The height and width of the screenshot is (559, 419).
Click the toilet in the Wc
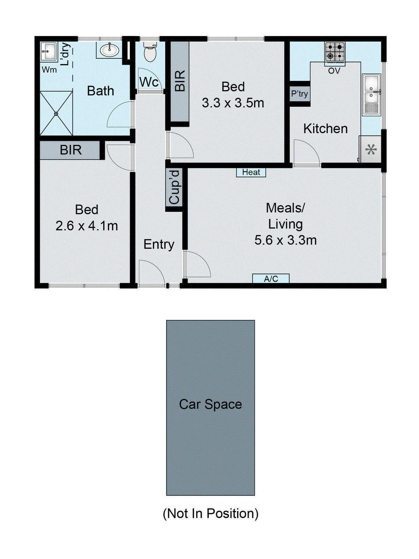pos(150,52)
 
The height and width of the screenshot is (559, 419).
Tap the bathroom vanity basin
pos(109,50)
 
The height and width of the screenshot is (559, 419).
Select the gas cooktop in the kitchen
pos(335,51)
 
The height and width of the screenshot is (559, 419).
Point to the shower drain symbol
pos(56,114)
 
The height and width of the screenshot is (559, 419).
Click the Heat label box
pos(251,172)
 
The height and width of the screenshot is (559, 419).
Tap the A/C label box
pos(271,278)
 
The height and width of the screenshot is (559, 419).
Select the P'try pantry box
pos(300,94)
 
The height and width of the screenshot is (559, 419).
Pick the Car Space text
pos(210,404)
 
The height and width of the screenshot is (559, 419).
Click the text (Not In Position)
pos(211,513)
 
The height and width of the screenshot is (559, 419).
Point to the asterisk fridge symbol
pos(371,150)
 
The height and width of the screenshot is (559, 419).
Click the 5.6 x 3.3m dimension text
pos(285,240)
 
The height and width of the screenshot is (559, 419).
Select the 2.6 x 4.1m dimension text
pos(87,226)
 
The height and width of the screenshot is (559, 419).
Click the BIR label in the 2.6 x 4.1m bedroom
pos(71,150)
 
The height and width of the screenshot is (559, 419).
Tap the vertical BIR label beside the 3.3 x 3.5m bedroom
pos(179,81)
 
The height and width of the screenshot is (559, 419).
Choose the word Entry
pos(159,244)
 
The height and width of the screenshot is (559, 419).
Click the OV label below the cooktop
pos(334,71)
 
